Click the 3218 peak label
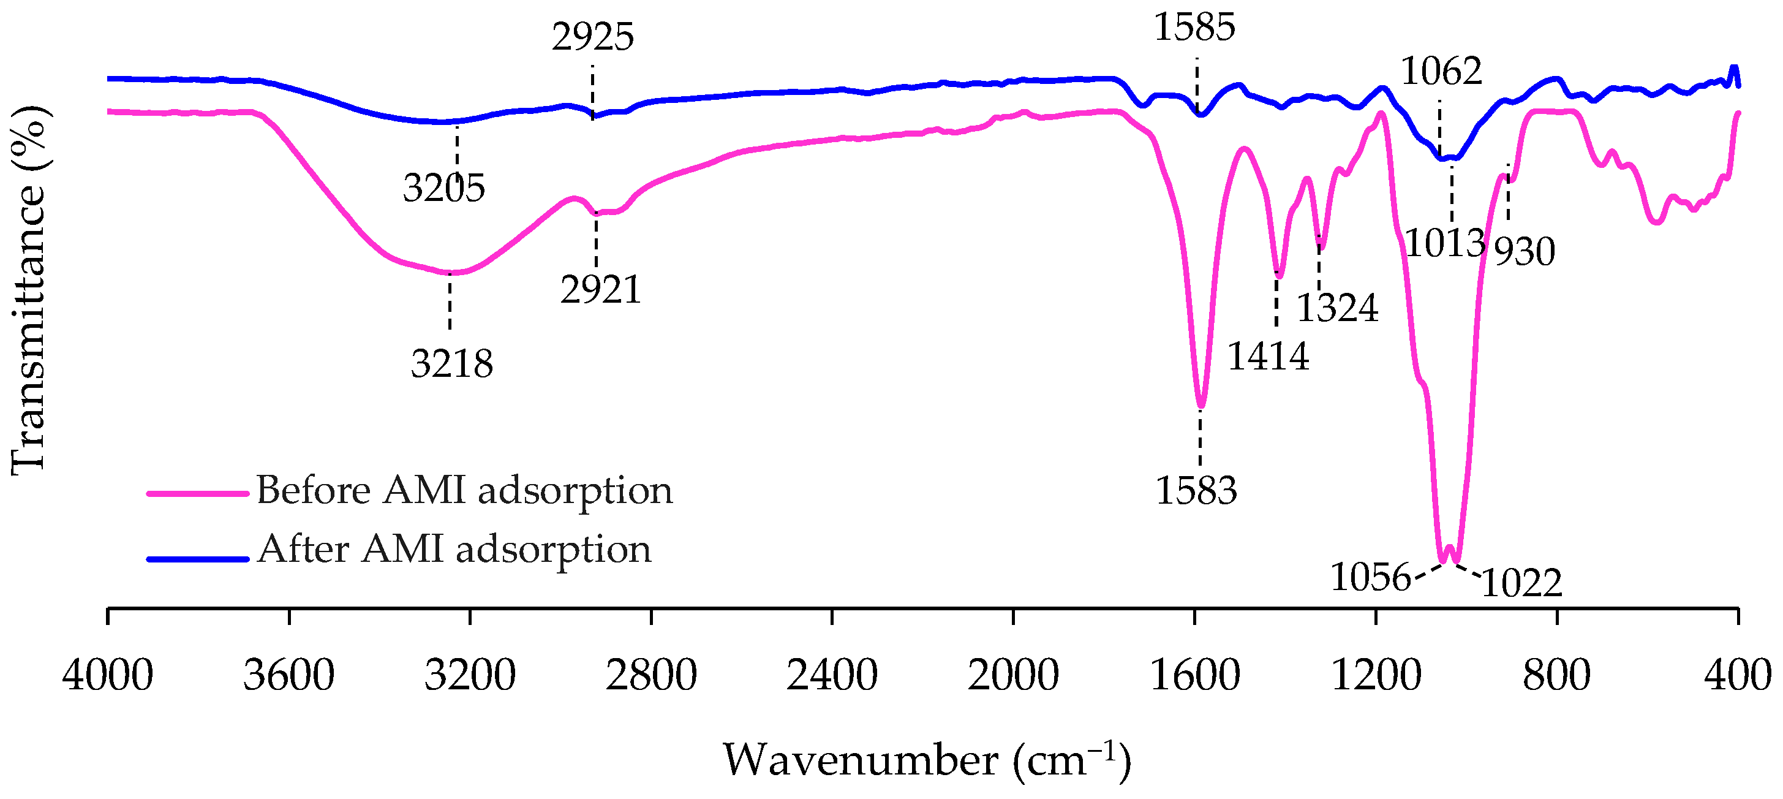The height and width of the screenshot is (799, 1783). click(452, 363)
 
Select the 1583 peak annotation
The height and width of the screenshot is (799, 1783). click(1196, 491)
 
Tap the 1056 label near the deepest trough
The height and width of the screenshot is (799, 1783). click(1370, 577)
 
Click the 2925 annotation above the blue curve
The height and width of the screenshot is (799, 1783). click(592, 37)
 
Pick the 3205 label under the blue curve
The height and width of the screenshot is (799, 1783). click(444, 187)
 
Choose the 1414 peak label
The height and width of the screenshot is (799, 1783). click(1268, 357)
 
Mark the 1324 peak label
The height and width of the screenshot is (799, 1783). click(1337, 308)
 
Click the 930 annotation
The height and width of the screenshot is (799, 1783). click(1525, 251)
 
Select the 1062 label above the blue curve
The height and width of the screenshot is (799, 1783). click(1442, 70)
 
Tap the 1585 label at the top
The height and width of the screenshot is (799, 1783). click(1194, 28)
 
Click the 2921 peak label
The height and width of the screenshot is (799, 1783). click(601, 289)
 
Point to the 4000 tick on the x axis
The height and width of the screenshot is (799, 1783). click(107, 676)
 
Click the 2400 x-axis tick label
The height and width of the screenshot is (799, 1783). click(832, 676)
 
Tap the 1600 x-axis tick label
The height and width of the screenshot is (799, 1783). click(1194, 676)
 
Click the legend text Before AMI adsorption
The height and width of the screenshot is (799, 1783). click(464, 490)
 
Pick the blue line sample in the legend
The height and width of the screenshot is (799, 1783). click(198, 559)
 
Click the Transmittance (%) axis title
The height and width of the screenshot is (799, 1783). click(29, 291)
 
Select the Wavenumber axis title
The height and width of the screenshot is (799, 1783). click(927, 760)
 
